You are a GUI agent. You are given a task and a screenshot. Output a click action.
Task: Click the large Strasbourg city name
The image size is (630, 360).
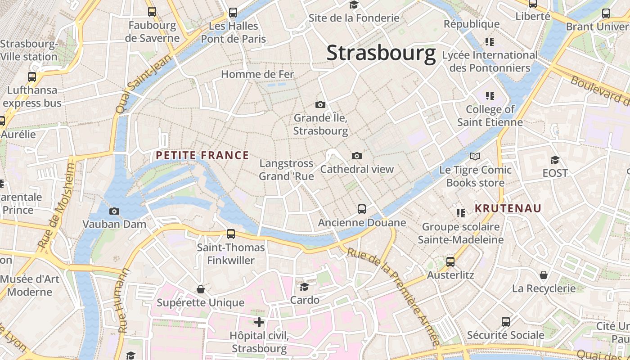point(381,53)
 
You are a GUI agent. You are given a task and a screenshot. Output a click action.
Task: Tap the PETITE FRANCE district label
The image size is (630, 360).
point(202,156)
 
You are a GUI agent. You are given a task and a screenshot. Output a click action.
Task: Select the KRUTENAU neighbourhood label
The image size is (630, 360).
point(508,208)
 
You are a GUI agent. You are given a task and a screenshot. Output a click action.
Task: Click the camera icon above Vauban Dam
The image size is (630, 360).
point(114,211)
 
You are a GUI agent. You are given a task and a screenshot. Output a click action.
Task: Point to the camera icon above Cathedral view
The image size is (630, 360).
point(357,156)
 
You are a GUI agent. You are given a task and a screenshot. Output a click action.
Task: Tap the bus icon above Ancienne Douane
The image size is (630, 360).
point(362,209)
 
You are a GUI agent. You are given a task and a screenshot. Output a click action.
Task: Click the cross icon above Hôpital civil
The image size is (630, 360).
point(259,322)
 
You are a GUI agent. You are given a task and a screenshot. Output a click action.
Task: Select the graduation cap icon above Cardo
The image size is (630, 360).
point(305,287)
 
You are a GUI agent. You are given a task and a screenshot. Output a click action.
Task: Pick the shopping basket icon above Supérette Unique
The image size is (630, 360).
point(201,289)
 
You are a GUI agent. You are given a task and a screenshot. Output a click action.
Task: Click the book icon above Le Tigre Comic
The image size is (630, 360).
point(475,157)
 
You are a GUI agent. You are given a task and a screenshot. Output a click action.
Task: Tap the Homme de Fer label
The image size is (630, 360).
point(257,74)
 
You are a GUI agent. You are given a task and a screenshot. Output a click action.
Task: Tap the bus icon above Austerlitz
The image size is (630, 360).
point(450,262)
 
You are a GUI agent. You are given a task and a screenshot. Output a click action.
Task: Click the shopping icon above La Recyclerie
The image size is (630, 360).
point(544,275)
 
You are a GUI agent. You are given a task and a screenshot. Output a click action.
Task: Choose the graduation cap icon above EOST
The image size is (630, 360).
point(555,160)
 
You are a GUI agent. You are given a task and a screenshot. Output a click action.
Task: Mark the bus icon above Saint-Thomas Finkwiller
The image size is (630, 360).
point(231,234)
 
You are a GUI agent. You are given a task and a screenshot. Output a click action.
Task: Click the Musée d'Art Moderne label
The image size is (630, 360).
point(30,285)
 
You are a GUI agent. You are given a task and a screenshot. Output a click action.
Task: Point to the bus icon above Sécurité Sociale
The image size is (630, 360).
point(506,322)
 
